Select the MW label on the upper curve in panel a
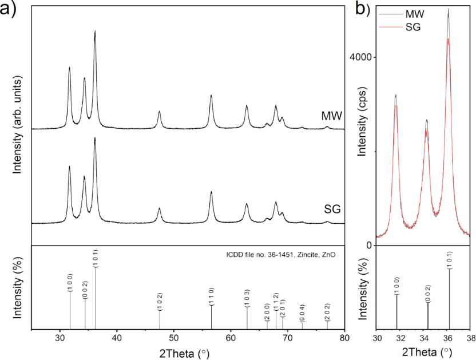331,117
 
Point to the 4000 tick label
361,57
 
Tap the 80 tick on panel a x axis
344,338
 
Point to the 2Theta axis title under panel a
188,353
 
